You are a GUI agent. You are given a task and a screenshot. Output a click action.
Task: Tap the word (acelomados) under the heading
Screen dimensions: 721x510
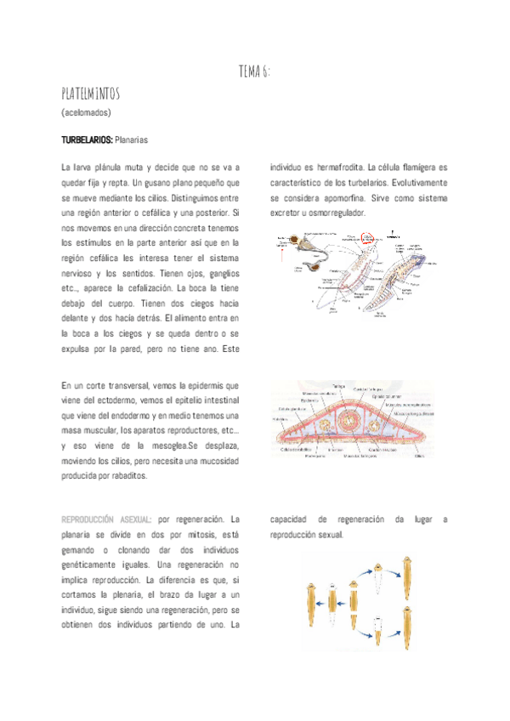pos(87,112)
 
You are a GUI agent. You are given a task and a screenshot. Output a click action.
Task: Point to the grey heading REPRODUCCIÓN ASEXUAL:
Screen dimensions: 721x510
pos(107,519)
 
